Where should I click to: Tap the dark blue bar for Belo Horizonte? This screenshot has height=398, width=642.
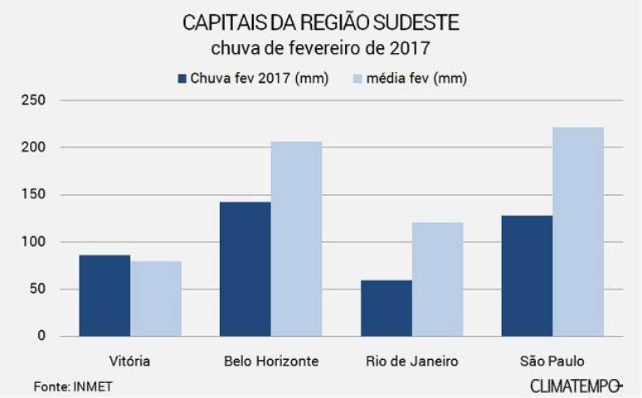pyautogui.click(x=246, y=269)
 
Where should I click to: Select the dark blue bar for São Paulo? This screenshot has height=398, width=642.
pyautogui.click(x=527, y=275)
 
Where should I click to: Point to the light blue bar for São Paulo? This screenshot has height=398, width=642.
pyautogui.click(x=578, y=231)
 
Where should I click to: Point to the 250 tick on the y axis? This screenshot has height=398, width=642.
pyautogui.click(x=35, y=100)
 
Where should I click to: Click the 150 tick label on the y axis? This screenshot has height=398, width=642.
pyautogui.click(x=35, y=195)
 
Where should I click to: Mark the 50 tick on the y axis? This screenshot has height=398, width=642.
pyautogui.click(x=38, y=289)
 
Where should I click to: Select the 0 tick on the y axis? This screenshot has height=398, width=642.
pyautogui.click(x=41, y=336)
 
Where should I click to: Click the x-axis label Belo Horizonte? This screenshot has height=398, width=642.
pyautogui.click(x=271, y=362)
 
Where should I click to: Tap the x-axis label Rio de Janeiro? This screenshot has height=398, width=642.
pyautogui.click(x=411, y=362)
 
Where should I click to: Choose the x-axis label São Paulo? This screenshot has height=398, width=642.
pyautogui.click(x=552, y=362)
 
